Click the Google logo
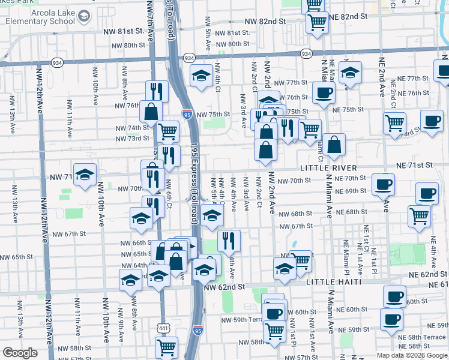[20, 353]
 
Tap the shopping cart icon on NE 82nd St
[317, 23]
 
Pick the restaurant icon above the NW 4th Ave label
[228, 241]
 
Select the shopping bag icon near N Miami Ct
[334, 144]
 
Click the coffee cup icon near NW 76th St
[324, 93]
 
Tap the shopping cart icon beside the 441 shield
[166, 347]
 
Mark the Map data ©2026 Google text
[412, 355]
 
